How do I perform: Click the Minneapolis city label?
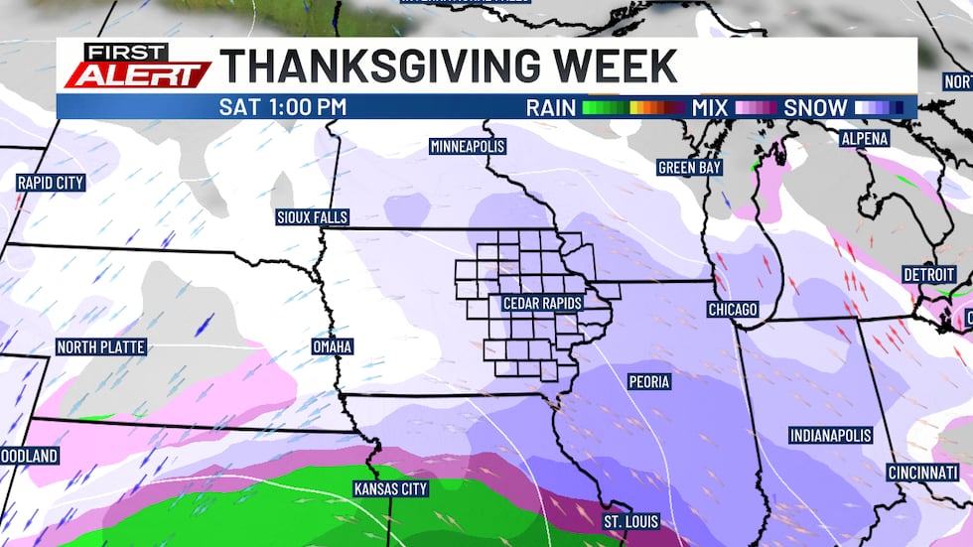pos(468,146)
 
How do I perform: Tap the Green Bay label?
pos(689,168)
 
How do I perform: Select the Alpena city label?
pos(864,139)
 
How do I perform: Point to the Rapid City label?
pos(51,183)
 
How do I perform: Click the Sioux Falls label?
pos(313,217)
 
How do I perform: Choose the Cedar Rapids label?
pos(541,303)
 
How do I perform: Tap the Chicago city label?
pos(733,310)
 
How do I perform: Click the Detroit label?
pos(928,273)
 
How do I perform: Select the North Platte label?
pos(101,347)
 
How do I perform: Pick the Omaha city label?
pos(333,346)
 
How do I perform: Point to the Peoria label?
pos(649,381)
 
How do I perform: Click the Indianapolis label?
pos(830,435)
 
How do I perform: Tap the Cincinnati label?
pos(922,472)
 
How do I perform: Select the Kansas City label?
pos(391,488)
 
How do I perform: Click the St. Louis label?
pos(630,521)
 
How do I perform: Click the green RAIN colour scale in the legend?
pos(632,107)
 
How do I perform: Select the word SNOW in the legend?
pos(815,107)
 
